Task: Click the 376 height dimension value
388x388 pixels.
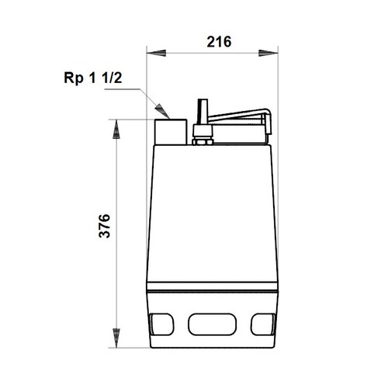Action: pyautogui.click(x=105, y=225)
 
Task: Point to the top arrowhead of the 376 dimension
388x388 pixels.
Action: pyautogui.click(x=116, y=129)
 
